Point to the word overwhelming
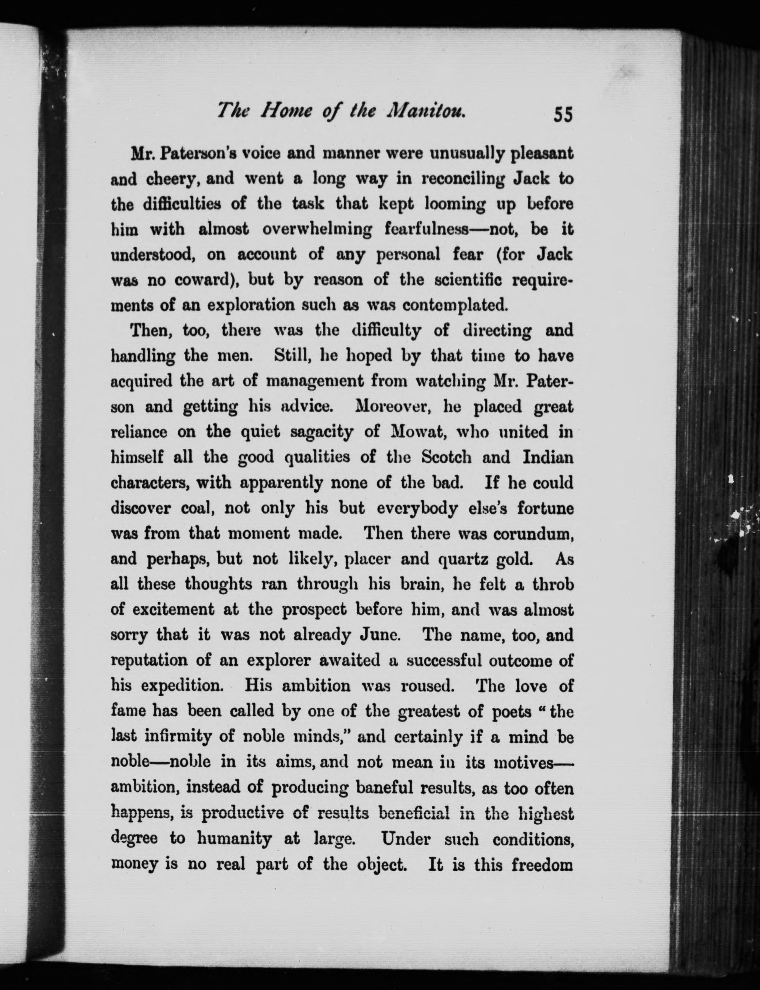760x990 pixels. click(317, 229)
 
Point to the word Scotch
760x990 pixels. click(446, 457)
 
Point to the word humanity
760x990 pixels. click(234, 839)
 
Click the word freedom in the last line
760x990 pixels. click(542, 864)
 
